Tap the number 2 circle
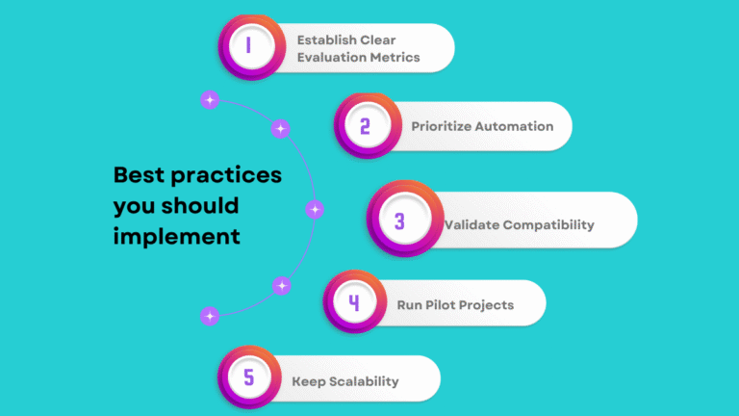tap(365, 126)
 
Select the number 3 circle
tap(399, 221)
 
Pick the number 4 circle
tap(354, 303)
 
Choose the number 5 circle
tap(248, 378)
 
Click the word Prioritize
tap(441, 126)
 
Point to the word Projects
tap(488, 305)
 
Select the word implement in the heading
tap(176, 235)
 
